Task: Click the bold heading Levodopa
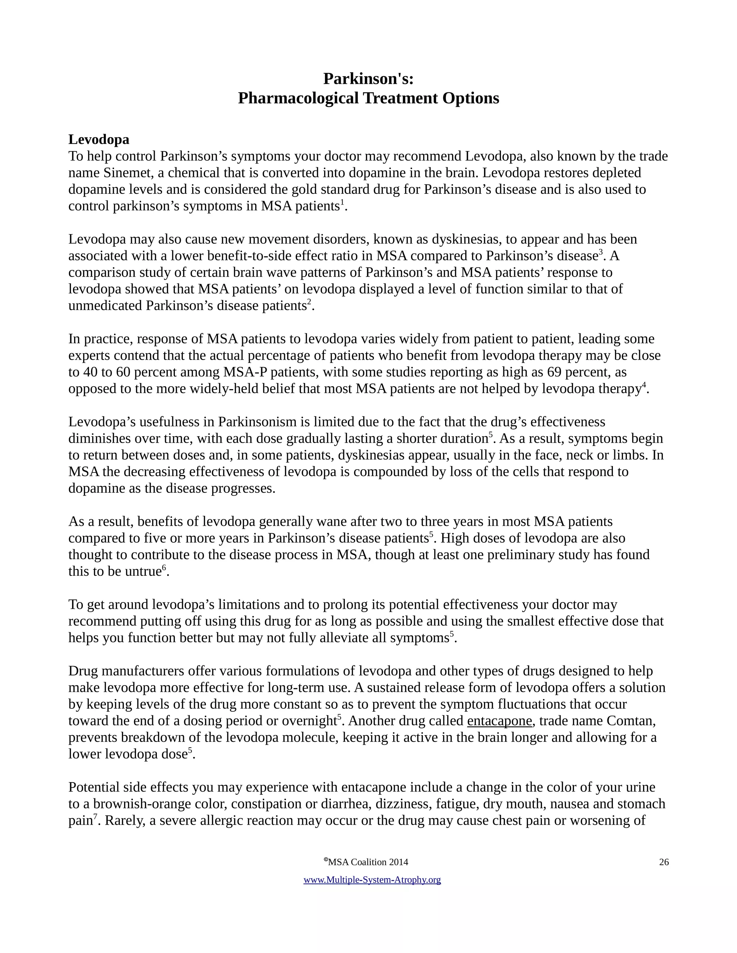(99, 140)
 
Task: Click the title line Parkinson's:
(368, 79)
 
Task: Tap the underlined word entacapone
(499, 720)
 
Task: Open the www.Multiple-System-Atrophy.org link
(372, 880)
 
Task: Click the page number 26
(664, 862)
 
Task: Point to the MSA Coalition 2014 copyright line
(366, 862)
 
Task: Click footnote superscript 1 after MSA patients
(342, 202)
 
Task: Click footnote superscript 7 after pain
(95, 816)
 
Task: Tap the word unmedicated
(105, 306)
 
